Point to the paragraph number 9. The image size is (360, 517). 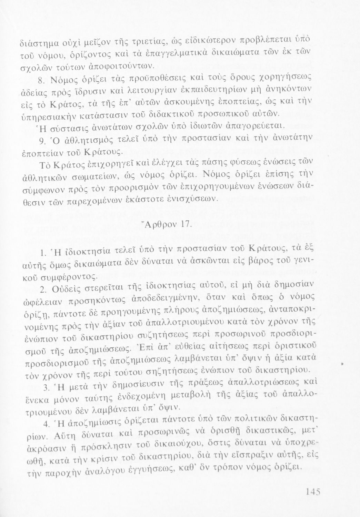(40, 140)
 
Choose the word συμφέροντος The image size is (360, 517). (69, 275)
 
